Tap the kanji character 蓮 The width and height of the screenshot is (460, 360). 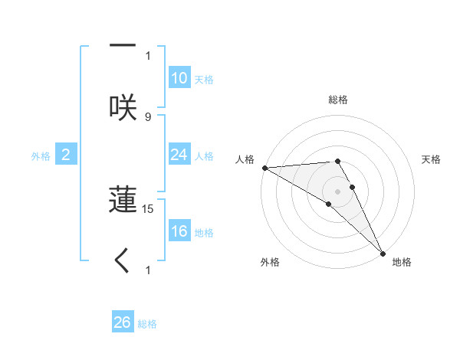pyautogui.click(x=123, y=199)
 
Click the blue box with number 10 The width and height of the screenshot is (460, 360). pyautogui.click(x=179, y=78)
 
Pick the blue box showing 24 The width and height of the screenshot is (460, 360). pyautogui.click(x=179, y=155)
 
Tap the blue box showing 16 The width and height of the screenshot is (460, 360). pyautogui.click(x=179, y=231)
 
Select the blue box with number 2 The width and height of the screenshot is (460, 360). pyautogui.click(x=66, y=155)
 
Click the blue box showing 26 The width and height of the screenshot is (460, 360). pyautogui.click(x=123, y=322)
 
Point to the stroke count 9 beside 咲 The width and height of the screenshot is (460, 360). pyautogui.click(x=148, y=117)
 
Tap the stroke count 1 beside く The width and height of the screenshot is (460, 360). pyautogui.click(x=148, y=270)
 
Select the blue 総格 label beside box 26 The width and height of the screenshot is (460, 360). pyautogui.click(x=148, y=324)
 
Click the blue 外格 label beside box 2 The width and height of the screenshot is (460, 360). pyautogui.click(x=41, y=156)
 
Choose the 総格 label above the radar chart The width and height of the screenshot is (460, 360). pyautogui.click(x=338, y=100)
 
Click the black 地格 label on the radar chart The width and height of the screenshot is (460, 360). pyautogui.click(x=402, y=262)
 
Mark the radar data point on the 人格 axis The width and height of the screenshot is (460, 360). pyautogui.click(x=264, y=167)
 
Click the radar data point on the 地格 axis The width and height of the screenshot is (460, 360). pyautogui.click(x=383, y=254)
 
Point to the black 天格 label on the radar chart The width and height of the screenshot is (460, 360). pyautogui.click(x=432, y=159)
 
